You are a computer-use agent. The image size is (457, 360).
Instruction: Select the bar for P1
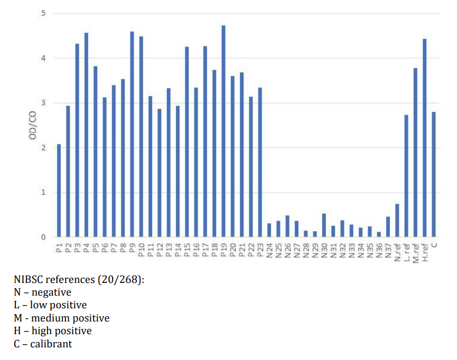[x=59, y=191]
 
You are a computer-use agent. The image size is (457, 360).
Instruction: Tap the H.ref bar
[x=424, y=138]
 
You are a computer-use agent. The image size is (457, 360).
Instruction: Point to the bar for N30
[x=324, y=225]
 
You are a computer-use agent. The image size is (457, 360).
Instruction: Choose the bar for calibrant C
[x=433, y=174]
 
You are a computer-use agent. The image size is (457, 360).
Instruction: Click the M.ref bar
[x=415, y=153]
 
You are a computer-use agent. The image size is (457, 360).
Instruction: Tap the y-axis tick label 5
[x=44, y=13]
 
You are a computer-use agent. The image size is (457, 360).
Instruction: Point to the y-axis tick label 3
[x=44, y=103]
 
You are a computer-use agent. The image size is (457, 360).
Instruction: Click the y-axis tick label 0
[x=44, y=238]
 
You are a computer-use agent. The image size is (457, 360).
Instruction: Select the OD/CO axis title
[x=33, y=126]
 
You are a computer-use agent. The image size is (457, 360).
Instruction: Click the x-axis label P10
[x=141, y=248]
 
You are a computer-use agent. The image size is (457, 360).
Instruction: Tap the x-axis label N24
[x=269, y=248]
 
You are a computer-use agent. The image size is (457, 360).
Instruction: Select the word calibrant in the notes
[x=52, y=344]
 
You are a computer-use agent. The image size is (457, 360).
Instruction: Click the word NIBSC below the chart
[x=30, y=279]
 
